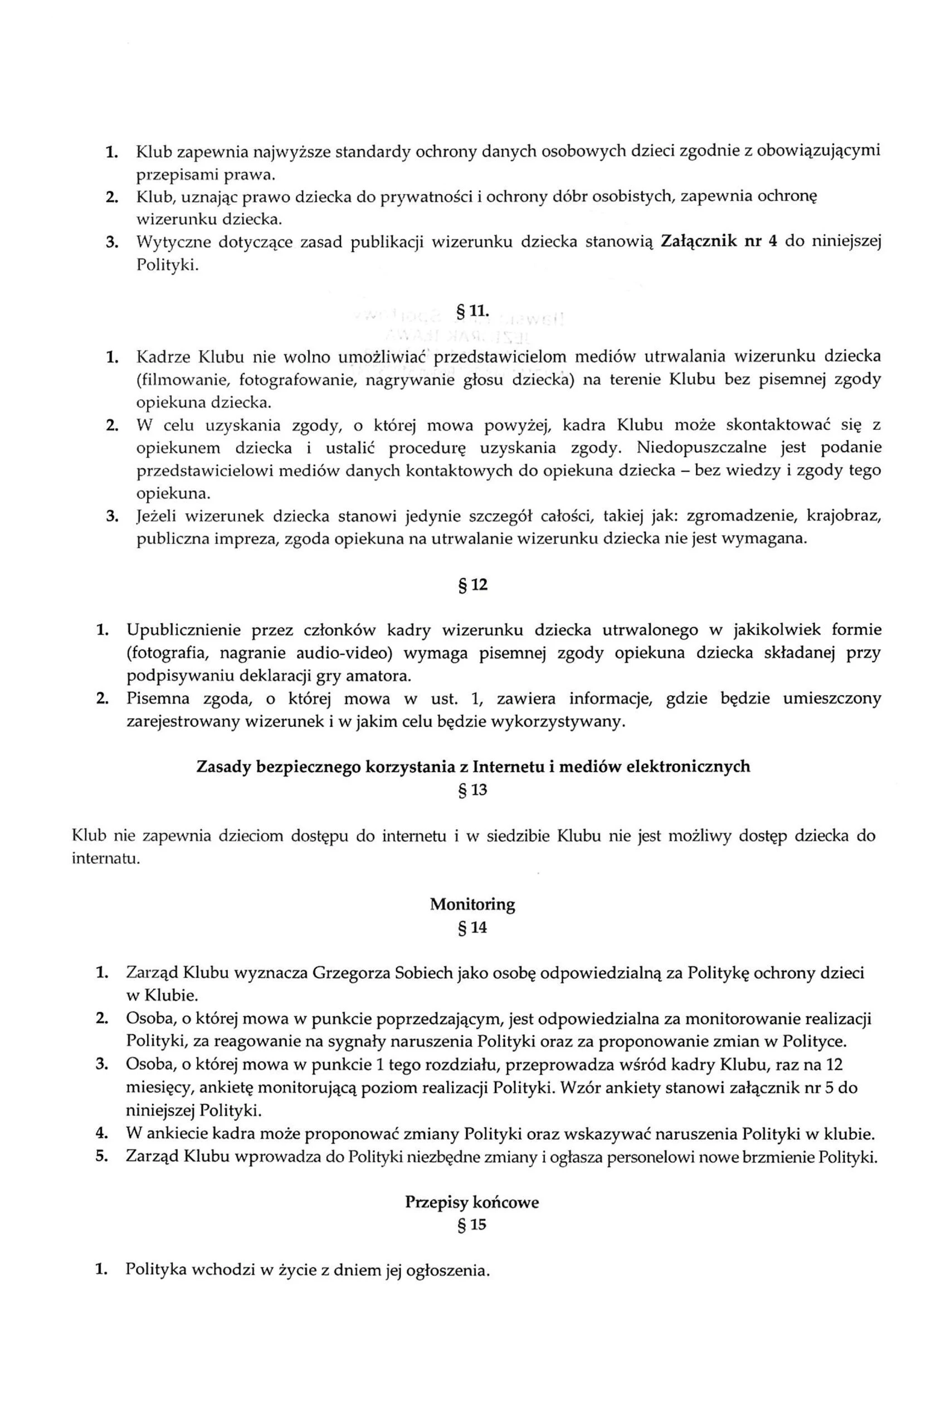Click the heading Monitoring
tap(472, 905)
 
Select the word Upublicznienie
tap(184, 630)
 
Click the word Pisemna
tap(154, 698)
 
